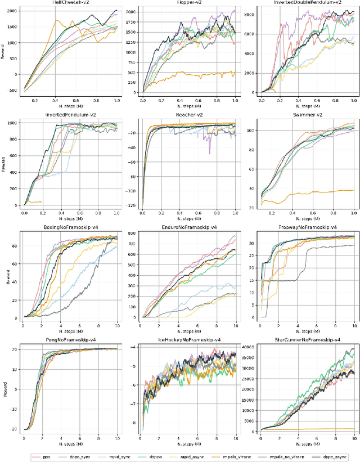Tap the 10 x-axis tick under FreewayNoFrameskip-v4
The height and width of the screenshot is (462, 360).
[354, 325]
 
